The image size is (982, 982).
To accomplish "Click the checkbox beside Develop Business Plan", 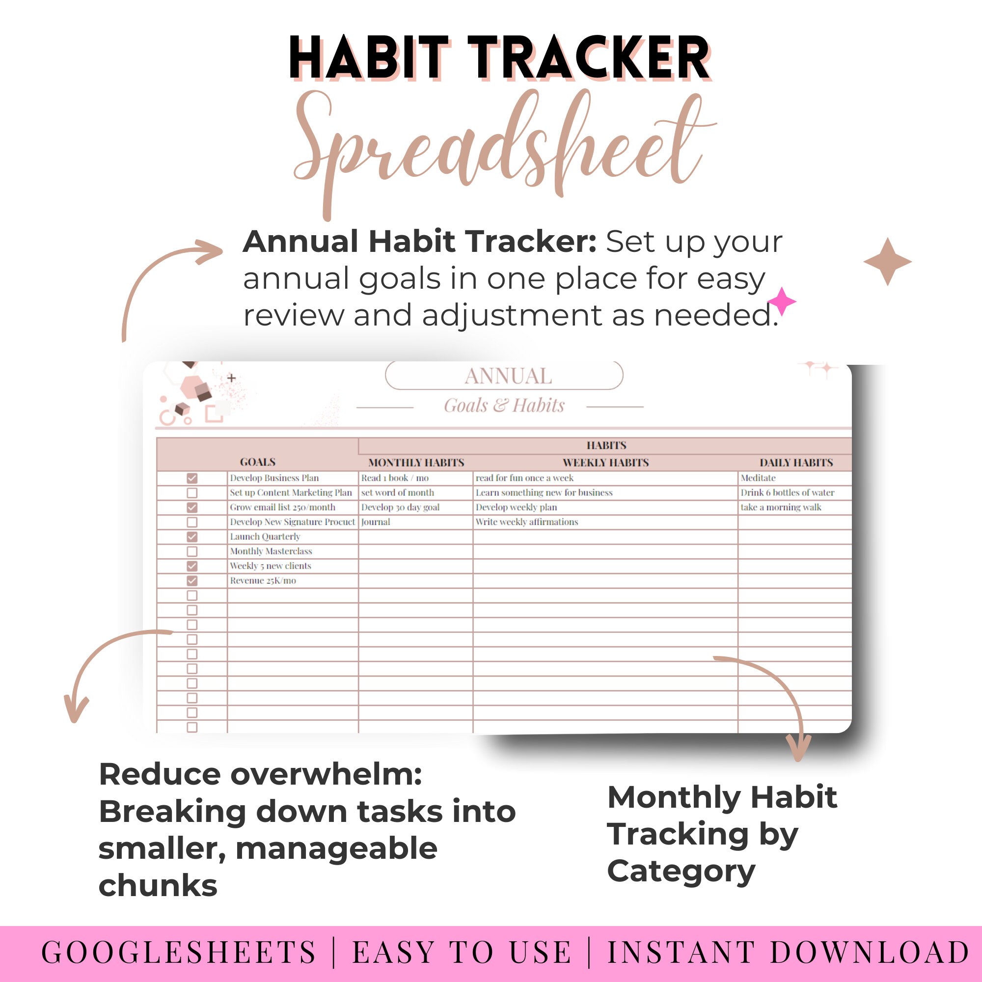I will [192, 478].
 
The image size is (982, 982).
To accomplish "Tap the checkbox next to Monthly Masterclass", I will [192, 551].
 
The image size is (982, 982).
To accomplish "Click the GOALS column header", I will [258, 462].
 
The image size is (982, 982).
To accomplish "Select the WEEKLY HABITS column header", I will [605, 463].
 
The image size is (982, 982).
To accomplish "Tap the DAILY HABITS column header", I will [796, 463].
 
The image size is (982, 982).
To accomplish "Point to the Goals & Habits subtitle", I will [504, 406].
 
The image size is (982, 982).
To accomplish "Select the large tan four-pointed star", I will [887, 262].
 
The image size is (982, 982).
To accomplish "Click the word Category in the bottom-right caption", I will [681, 871].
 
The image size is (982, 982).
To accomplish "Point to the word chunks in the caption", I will [158, 885].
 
